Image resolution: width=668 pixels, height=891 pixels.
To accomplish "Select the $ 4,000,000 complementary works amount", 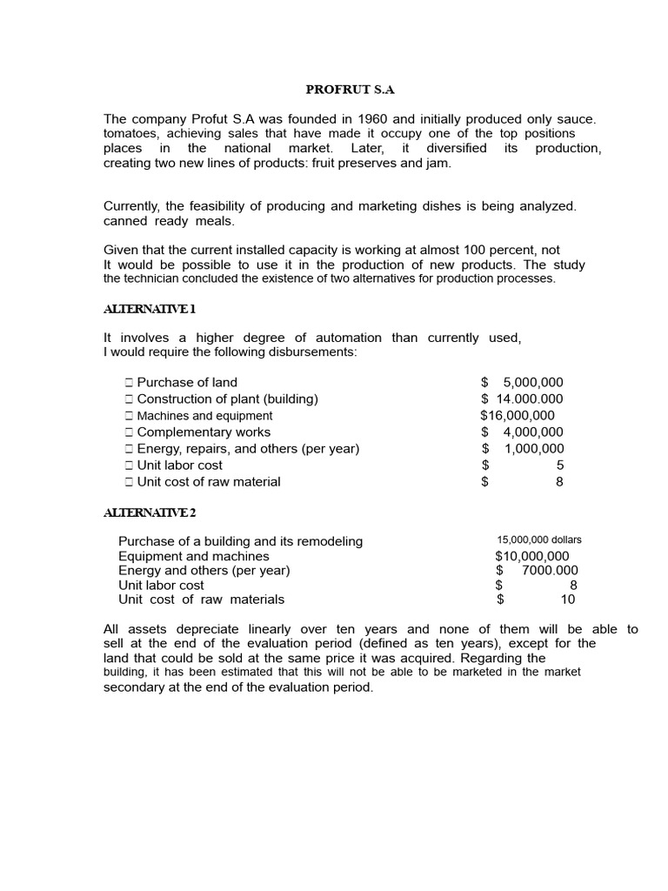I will (x=522, y=432).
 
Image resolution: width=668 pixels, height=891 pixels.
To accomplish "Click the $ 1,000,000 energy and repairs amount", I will (x=523, y=448).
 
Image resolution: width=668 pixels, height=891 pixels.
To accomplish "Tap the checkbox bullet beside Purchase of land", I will (x=128, y=382).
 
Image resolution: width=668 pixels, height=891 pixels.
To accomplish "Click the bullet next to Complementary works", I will (x=128, y=432).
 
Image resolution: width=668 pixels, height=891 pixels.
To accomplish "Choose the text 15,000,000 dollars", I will (x=539, y=539).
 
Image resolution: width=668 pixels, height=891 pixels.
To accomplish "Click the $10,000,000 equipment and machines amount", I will (x=532, y=556).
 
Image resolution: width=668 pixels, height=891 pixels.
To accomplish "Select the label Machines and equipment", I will (x=204, y=415).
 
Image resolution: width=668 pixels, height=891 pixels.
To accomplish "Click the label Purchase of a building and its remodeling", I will (x=240, y=541).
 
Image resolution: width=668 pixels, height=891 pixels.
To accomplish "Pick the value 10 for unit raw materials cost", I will (x=568, y=599).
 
